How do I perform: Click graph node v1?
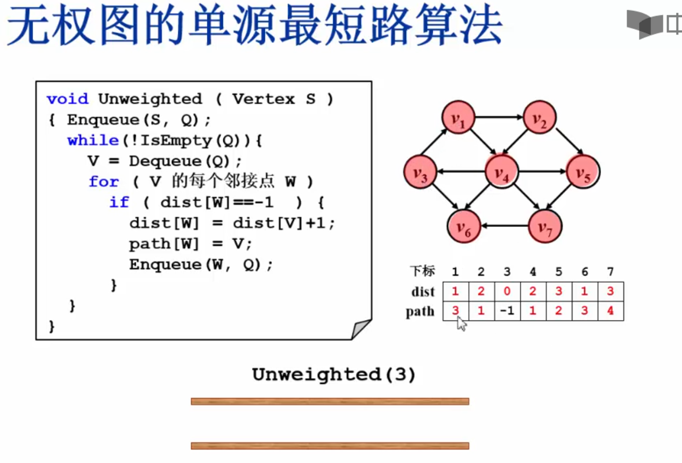[x=458, y=117]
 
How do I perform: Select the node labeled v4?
[x=501, y=173]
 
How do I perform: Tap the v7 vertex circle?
[x=545, y=226]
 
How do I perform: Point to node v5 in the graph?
[x=583, y=172]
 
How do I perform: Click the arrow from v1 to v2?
[x=499, y=116]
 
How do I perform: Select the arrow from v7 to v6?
[x=506, y=226]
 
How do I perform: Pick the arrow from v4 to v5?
[x=542, y=172]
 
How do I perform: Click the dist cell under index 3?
[x=507, y=291]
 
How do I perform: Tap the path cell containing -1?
[x=507, y=311]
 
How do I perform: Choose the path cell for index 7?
[x=610, y=311]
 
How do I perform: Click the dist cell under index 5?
[x=558, y=291]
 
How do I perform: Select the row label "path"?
[x=420, y=312]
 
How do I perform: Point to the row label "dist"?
[x=423, y=292]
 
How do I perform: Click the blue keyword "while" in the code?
[x=93, y=141]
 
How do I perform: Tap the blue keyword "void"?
[x=67, y=99]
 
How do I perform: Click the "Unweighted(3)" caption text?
[x=334, y=375]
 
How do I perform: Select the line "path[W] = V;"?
[x=190, y=244]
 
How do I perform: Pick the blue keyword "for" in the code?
[x=103, y=181]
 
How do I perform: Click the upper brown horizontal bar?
[x=330, y=401]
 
